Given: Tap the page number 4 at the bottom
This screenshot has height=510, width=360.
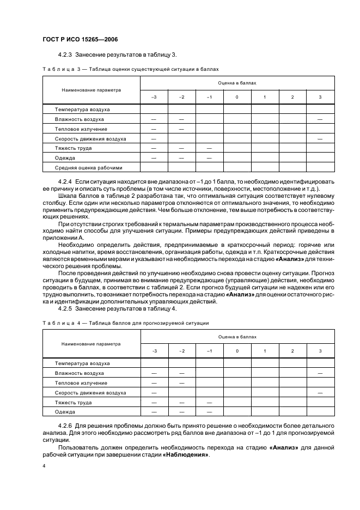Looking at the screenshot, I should pos(44,466).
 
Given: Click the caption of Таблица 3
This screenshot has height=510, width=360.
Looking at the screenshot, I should pos(130,69).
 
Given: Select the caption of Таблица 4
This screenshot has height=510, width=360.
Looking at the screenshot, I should pos(125,323).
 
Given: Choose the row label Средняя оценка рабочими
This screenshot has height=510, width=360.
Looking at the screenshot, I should pos(89,167).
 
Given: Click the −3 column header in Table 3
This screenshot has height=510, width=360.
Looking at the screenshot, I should pos(154,97).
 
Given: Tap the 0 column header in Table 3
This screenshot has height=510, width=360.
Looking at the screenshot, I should pos(237,97).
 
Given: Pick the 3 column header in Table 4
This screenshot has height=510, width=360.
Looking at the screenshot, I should pos(320,351).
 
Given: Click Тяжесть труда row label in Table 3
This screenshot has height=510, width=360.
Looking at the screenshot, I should pos(73,148).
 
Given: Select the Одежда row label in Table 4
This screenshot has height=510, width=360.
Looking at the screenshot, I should pos(65,411).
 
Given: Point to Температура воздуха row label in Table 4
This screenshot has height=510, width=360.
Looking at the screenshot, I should pos(82,363).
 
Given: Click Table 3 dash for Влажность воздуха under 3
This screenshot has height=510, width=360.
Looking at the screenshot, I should pos(320,119).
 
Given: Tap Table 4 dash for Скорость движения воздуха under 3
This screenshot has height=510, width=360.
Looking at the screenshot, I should pos(320,392).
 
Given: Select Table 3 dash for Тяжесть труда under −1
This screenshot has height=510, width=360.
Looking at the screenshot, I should pos(209,148).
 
